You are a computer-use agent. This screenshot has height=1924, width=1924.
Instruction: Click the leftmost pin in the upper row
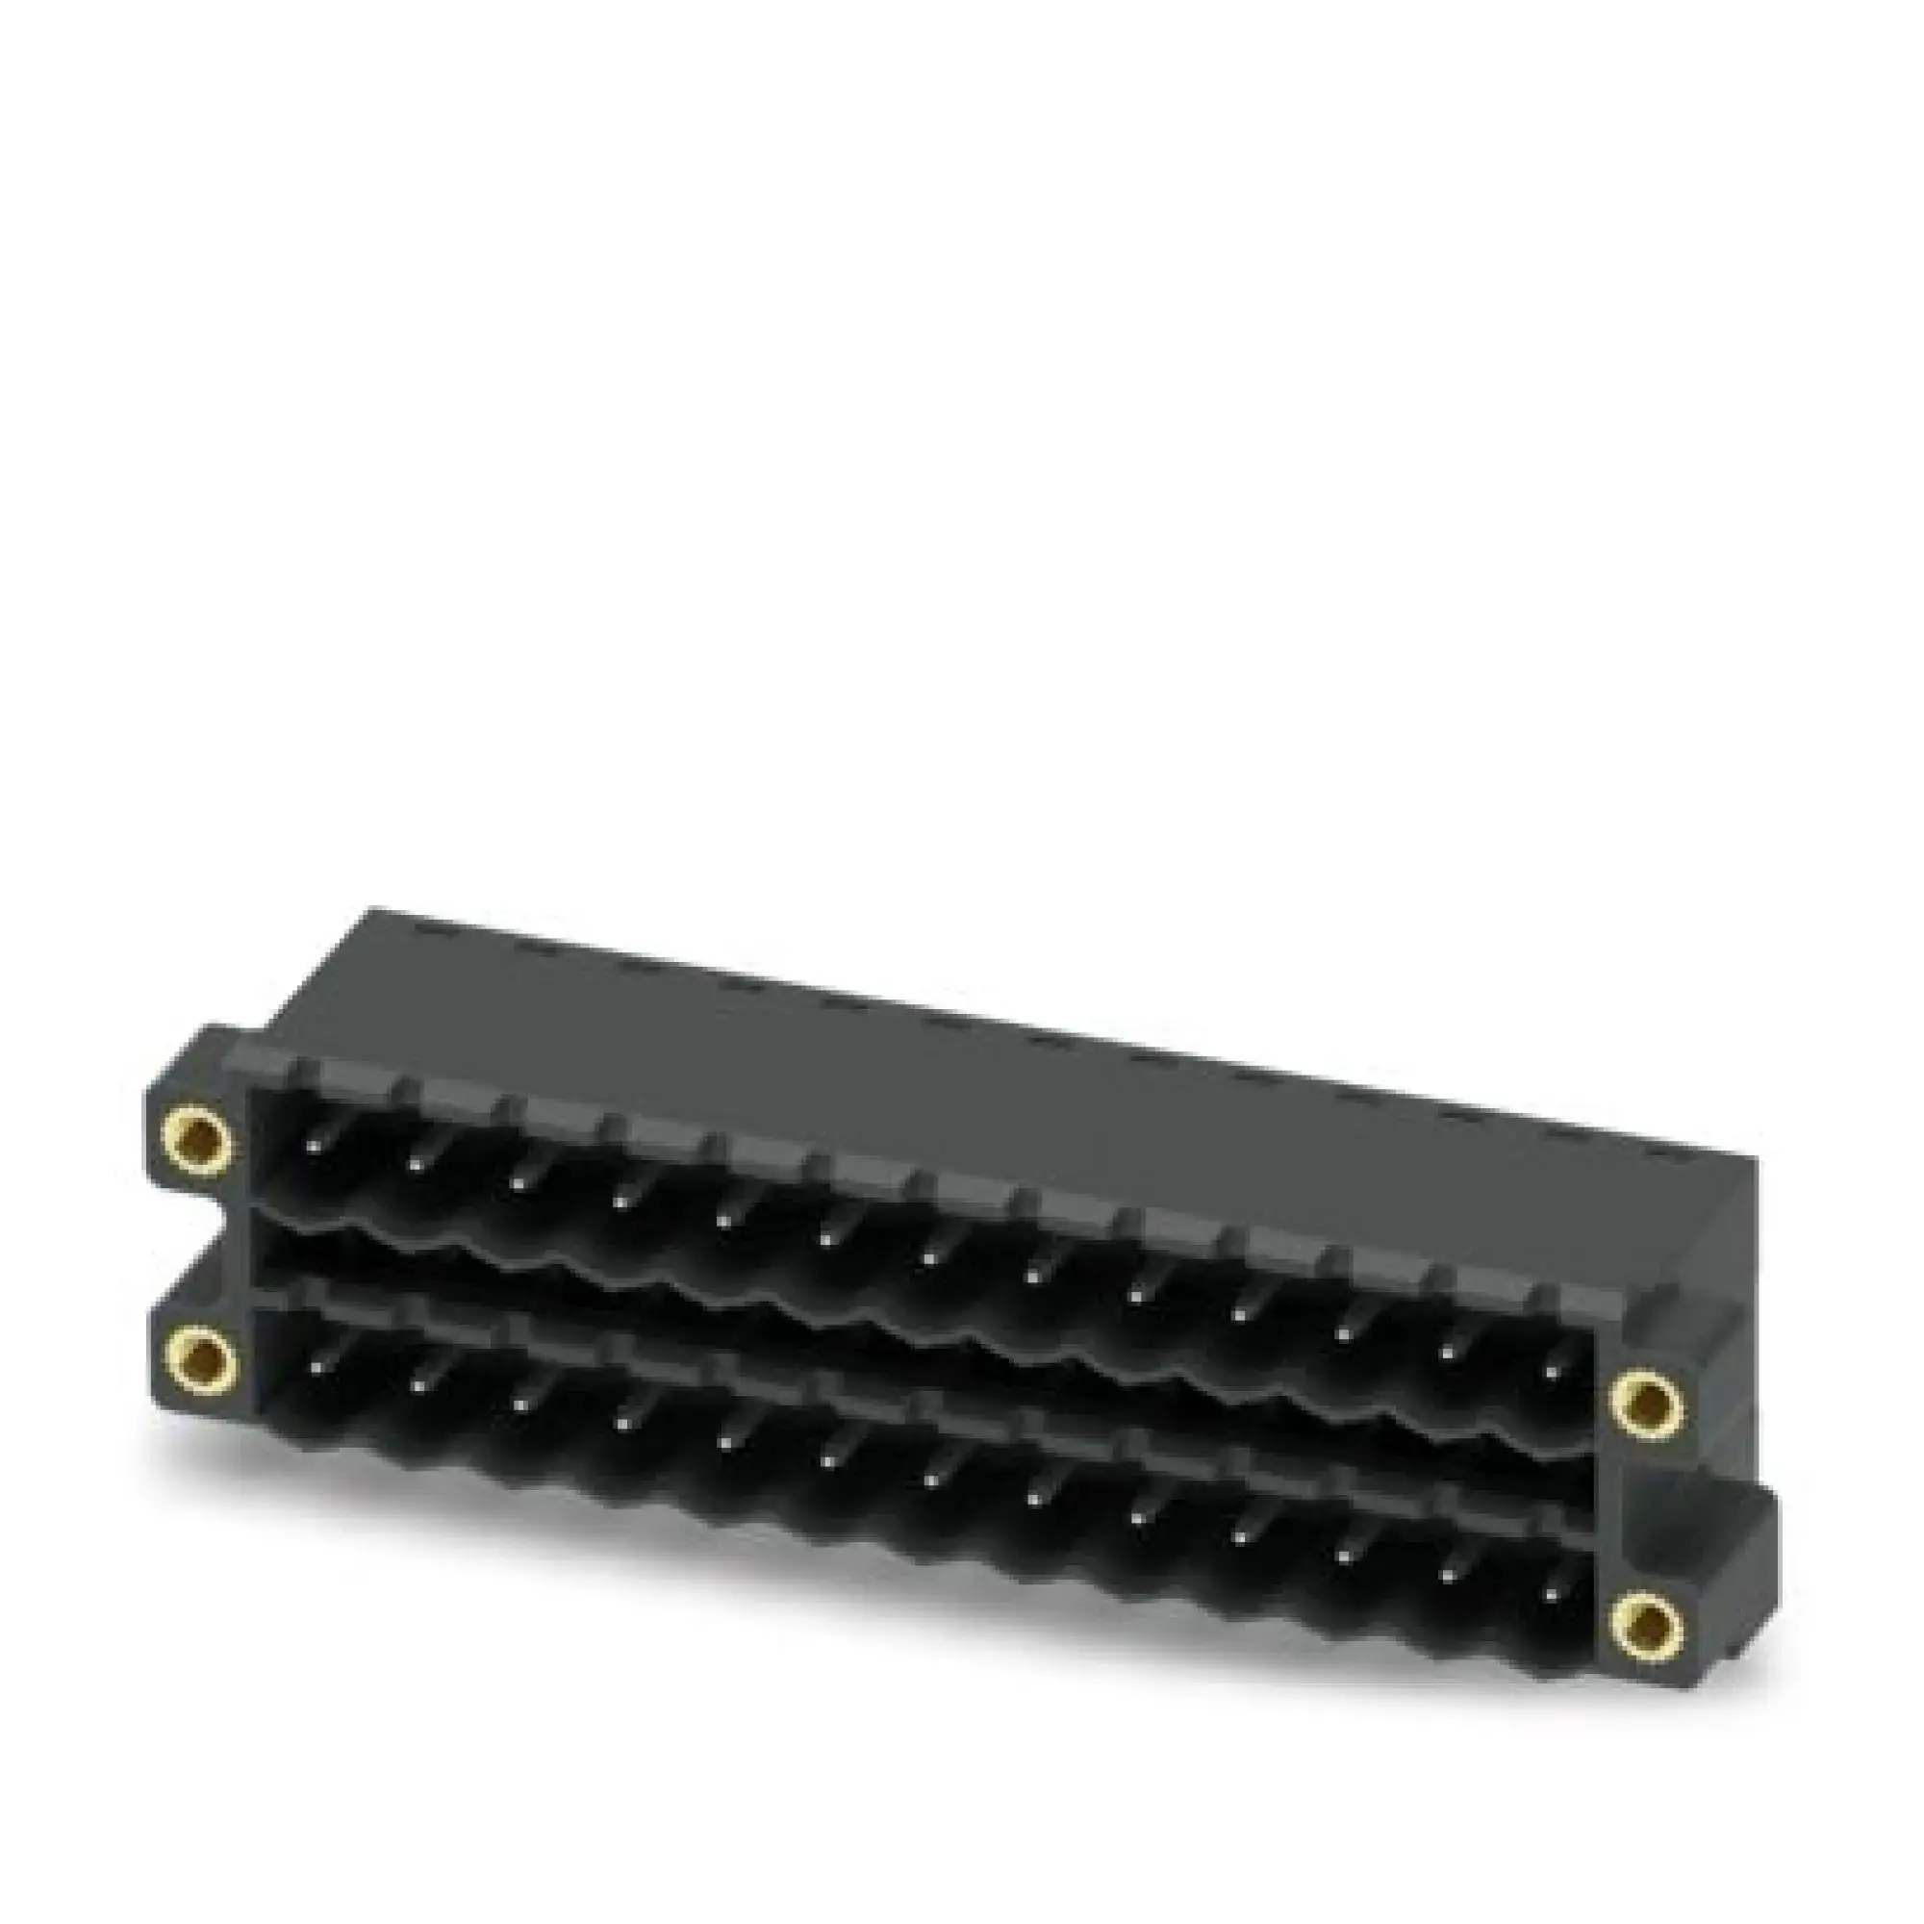pyautogui.click(x=314, y=1149)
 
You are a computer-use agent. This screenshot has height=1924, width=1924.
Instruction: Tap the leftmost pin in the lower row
pyautogui.click(x=316, y=1366)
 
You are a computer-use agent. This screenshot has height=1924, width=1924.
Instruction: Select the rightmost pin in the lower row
pyautogui.click(x=1550, y=1593)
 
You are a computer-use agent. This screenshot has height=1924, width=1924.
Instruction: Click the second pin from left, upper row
pyautogui.click(x=417, y=1165)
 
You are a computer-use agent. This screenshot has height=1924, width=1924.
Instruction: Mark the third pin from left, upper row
pyautogui.click(x=519, y=1184)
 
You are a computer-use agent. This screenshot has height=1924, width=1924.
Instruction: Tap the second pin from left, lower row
pyautogui.click(x=419, y=1384)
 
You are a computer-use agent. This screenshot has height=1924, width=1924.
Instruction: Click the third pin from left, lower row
pyautogui.click(x=521, y=1403)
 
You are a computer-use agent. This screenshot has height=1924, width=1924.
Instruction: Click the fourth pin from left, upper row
pyautogui.click(x=622, y=1203)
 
